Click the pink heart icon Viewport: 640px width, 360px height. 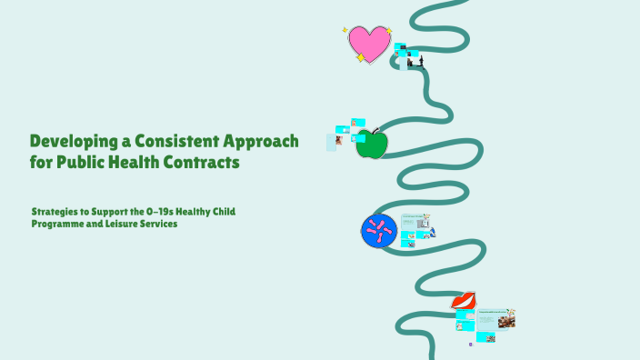369,43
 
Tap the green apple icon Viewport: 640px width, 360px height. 372,145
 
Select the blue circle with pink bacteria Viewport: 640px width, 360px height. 379,231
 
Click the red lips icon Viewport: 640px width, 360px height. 464,300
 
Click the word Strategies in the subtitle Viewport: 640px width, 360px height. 56,212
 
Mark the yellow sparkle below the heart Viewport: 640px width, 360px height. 360,58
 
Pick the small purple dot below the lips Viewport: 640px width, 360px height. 471,344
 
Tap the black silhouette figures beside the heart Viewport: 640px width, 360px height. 414,63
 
